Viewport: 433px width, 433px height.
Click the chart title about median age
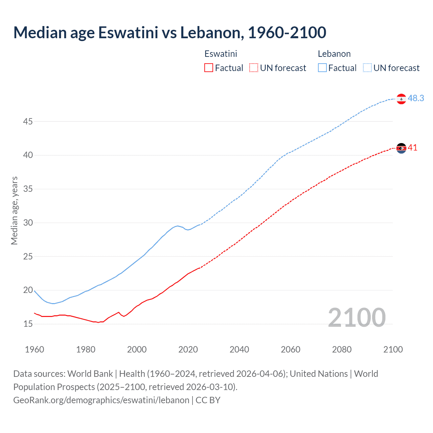[x=169, y=32]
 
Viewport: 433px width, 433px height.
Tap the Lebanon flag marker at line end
[x=401, y=99]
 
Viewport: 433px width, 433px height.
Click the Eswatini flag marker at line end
[x=401, y=148]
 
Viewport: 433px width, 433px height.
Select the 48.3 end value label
[x=416, y=98]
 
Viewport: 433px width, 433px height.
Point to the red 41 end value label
[x=412, y=148]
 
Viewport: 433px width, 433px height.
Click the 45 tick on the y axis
[x=28, y=121]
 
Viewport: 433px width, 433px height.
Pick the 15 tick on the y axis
[x=28, y=324]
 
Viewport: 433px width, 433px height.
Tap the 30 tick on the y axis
[x=28, y=223]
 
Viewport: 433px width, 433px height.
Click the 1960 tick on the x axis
[x=35, y=349]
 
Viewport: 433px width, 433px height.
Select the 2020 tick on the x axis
[x=188, y=349]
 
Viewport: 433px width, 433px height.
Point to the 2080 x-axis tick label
[x=342, y=349]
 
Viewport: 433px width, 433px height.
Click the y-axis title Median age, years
[x=14, y=210]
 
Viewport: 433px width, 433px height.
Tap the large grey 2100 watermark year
[x=357, y=317]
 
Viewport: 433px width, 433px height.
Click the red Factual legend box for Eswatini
[x=209, y=68]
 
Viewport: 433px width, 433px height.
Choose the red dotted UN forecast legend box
[x=254, y=68]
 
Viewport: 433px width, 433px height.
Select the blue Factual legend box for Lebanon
[x=322, y=68]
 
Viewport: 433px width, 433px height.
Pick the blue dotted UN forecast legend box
[x=367, y=68]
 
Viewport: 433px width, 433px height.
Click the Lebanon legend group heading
[x=334, y=54]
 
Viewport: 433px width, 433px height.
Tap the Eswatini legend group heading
[x=221, y=54]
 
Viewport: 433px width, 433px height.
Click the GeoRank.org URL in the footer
[x=101, y=400]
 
